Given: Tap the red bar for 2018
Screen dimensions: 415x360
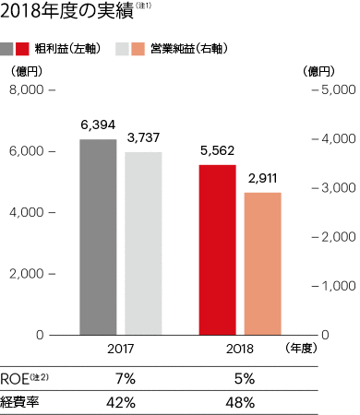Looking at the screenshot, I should [218, 250].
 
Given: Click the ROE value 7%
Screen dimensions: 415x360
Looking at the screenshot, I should [126, 378].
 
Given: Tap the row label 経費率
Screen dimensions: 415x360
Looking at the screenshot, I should [21, 402].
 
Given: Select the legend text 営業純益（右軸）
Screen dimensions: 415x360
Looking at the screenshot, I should [190, 46].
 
